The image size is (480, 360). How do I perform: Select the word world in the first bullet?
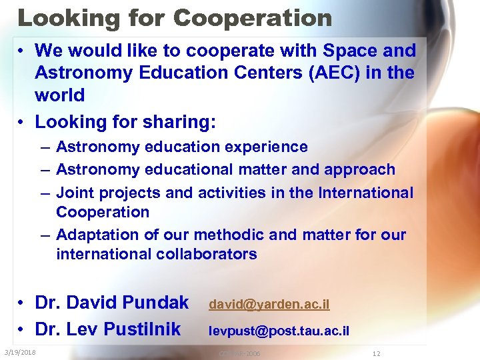(x=59, y=95)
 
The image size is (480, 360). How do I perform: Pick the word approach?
(x=359, y=170)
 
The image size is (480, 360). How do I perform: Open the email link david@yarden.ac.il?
(x=269, y=305)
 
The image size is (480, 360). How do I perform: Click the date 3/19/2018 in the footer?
(x=19, y=353)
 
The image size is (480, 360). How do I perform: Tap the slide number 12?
(x=377, y=353)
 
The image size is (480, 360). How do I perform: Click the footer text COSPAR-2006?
(x=239, y=353)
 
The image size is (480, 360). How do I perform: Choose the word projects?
(x=128, y=193)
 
